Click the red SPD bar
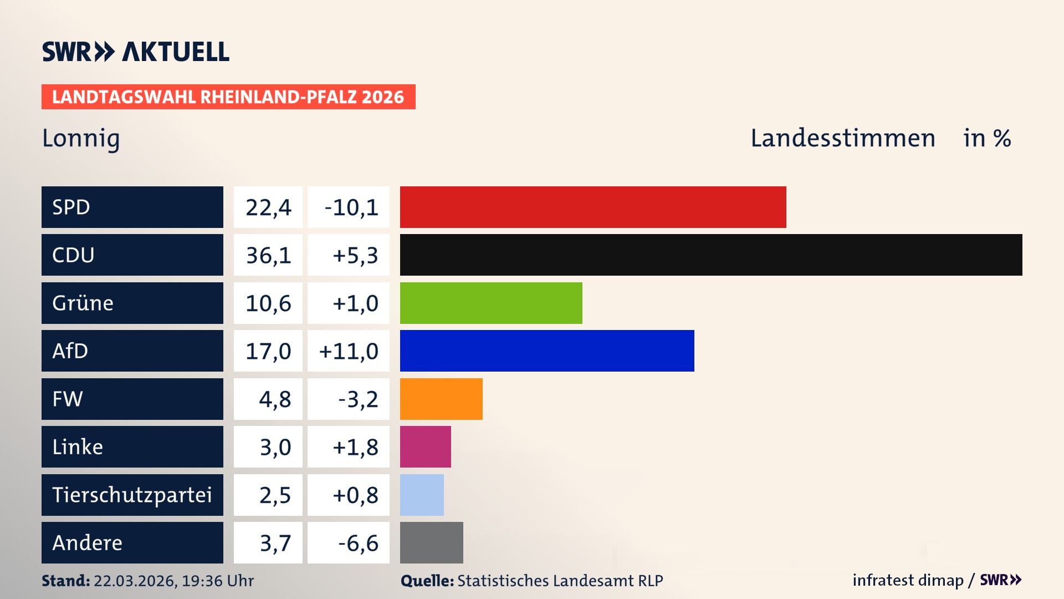pyautogui.click(x=593, y=207)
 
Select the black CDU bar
pyautogui.click(x=711, y=255)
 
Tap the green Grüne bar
pyautogui.click(x=491, y=303)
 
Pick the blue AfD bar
pyautogui.click(x=547, y=351)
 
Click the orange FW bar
pyautogui.click(x=441, y=399)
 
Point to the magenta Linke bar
pyautogui.click(x=425, y=446)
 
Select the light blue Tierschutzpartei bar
pyautogui.click(x=422, y=495)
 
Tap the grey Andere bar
pyautogui.click(x=431, y=542)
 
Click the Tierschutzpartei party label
pyautogui.click(x=132, y=495)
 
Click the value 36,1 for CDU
pyautogui.click(x=268, y=255)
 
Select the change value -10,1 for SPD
pyautogui.click(x=350, y=207)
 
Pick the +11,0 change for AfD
pyautogui.click(x=349, y=351)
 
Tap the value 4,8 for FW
pyautogui.click(x=274, y=399)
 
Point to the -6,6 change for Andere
pyautogui.click(x=358, y=543)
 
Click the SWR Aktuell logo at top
pyautogui.click(x=135, y=52)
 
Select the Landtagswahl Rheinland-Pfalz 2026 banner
pyautogui.click(x=228, y=97)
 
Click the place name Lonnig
pyautogui.click(x=81, y=138)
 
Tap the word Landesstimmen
pyautogui.click(x=842, y=138)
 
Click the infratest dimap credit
pyautogui.click(x=907, y=580)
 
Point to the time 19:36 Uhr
pyautogui.click(x=217, y=581)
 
